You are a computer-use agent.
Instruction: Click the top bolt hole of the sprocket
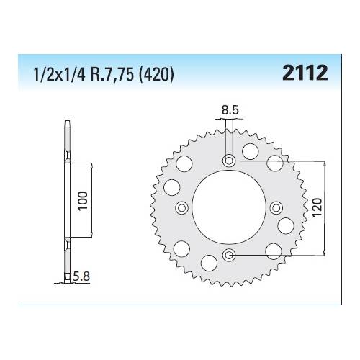click(229, 161)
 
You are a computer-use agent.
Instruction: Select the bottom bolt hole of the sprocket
click(229, 254)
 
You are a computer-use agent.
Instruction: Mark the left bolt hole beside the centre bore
click(182, 207)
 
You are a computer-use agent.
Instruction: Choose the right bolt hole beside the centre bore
click(276, 207)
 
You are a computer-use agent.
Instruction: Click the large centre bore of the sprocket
click(229, 207)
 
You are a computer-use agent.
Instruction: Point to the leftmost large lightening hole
click(172, 188)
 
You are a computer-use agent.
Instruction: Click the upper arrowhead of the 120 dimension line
click(328, 163)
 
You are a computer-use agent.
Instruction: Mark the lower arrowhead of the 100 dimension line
click(91, 238)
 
